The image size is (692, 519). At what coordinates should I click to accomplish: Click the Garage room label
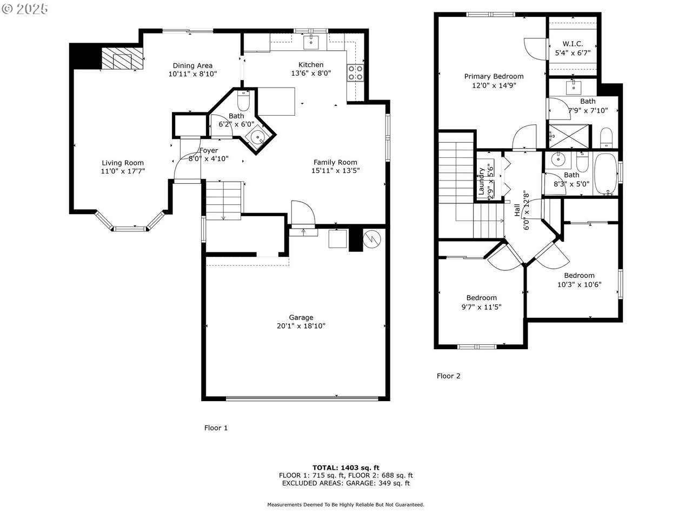pos(301,317)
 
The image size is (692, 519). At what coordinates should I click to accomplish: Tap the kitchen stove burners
pos(355,72)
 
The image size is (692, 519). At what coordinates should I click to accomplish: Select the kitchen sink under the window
pos(310,43)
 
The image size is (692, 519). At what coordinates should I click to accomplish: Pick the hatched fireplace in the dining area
pos(122,58)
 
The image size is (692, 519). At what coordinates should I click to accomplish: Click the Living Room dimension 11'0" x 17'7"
pos(123,171)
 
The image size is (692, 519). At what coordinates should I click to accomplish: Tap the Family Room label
pos(335,162)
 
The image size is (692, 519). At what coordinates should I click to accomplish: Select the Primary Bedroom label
pos(494,76)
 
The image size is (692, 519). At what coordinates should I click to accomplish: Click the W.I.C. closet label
pos(573,44)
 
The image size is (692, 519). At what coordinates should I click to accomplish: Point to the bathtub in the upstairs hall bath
pos(605,174)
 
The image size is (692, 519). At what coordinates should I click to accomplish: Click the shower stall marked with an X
pos(569,136)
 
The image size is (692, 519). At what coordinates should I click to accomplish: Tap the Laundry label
pos(481,181)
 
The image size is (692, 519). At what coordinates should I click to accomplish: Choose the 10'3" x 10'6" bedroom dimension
pos(579,284)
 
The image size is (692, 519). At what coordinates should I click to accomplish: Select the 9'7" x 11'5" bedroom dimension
pos(481,307)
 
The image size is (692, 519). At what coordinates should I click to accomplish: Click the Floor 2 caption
pos(448,376)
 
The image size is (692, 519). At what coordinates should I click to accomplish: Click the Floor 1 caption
pos(216,428)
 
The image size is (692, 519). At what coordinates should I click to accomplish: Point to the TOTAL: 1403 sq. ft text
pos(346,468)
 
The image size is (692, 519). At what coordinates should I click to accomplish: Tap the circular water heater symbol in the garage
pos(372,239)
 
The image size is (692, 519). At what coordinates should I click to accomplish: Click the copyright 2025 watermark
pos(24,9)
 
